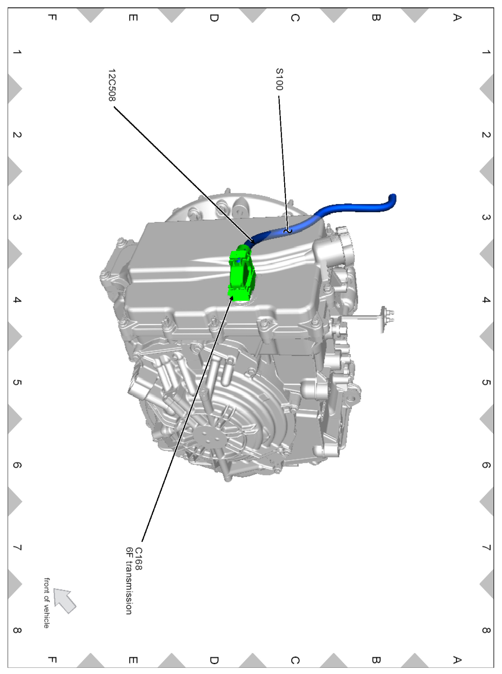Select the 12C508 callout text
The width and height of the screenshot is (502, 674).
point(112,85)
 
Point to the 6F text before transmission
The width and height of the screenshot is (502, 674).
point(129,553)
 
